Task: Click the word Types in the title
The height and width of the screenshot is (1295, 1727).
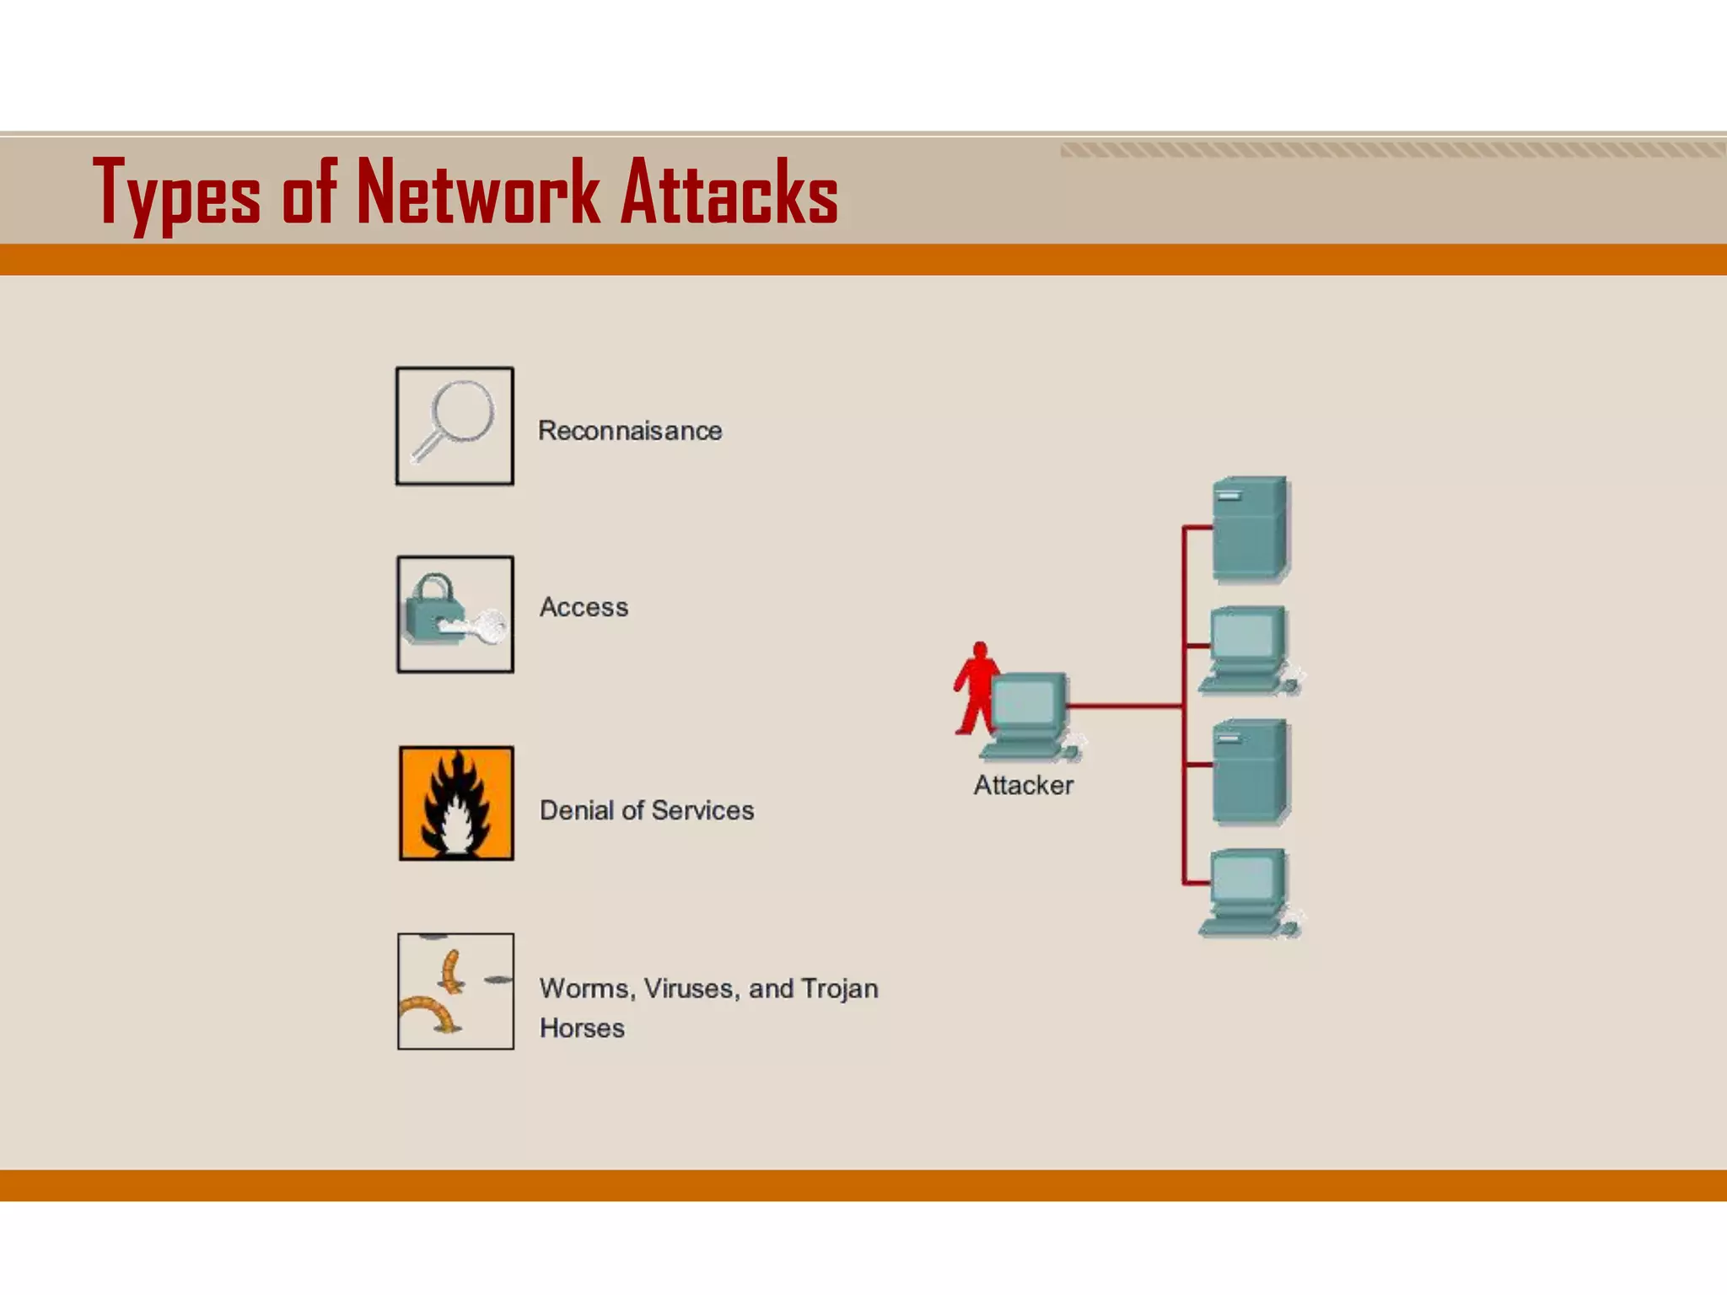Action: coord(176,194)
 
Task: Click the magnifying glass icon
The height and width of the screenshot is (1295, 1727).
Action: coord(455,426)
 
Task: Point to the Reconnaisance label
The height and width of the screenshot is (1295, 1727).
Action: coord(630,431)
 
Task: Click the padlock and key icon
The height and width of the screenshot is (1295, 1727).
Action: coord(455,615)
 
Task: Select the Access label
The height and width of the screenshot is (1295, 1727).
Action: coord(584,607)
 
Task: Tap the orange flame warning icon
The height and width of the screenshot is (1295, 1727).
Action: coord(456,803)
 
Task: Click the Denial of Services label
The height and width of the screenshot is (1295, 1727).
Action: coord(647,810)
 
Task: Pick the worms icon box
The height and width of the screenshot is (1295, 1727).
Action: coord(455,991)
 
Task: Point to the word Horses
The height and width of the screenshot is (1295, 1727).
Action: coord(582,1028)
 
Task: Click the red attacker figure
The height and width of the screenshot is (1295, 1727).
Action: coord(975,687)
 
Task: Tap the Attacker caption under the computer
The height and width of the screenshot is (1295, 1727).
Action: coord(1023,785)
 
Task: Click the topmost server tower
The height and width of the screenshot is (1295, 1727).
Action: coord(1250,529)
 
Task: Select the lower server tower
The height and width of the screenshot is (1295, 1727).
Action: coord(1250,771)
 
